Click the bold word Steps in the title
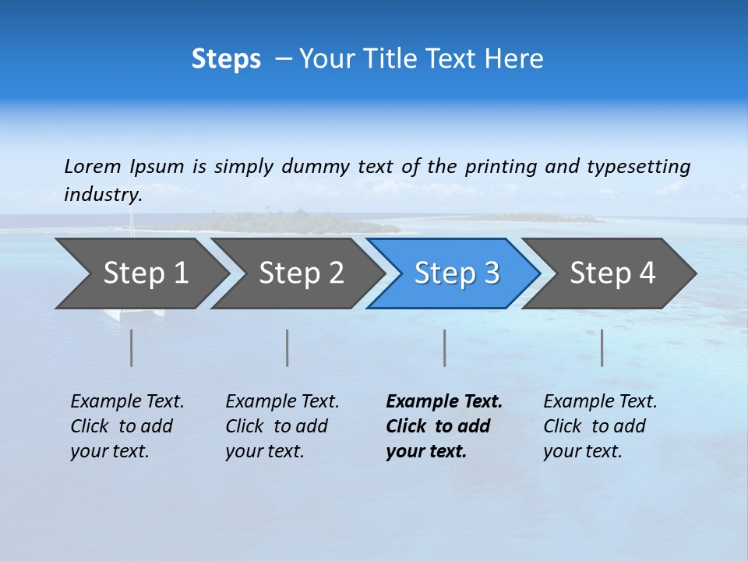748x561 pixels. point(226,59)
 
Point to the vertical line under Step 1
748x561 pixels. point(132,348)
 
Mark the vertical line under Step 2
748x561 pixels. point(288,348)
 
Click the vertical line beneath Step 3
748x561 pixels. point(444,348)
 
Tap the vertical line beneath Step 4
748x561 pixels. point(602,348)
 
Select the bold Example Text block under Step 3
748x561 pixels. point(443,426)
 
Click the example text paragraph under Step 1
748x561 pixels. point(126,426)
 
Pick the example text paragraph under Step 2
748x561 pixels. point(281,426)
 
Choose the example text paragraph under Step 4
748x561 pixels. point(599,426)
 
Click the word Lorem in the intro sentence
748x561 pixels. point(92,167)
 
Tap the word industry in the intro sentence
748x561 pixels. point(102,194)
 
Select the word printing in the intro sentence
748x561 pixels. point(501,167)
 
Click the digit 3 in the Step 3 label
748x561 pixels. point(491,273)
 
